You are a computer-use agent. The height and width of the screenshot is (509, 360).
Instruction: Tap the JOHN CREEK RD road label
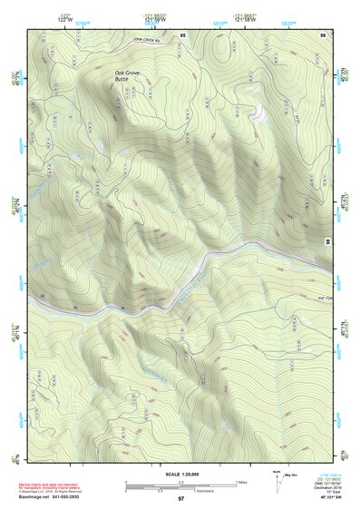pyautogui.click(x=146, y=41)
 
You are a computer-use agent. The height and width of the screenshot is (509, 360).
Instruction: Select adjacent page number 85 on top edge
pyautogui.click(x=182, y=34)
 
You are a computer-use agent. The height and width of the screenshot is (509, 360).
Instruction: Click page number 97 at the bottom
pyautogui.click(x=180, y=498)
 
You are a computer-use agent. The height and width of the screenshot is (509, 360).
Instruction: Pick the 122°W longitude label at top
pyautogui.click(x=63, y=19)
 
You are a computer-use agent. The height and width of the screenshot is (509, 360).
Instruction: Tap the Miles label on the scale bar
pyautogui.click(x=241, y=481)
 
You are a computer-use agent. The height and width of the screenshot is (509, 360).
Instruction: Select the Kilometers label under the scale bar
pyautogui.click(x=187, y=492)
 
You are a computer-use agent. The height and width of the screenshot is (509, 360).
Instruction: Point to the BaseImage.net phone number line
pyautogui.click(x=59, y=496)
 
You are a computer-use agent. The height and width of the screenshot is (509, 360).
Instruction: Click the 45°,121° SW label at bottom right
pyautogui.click(x=326, y=497)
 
